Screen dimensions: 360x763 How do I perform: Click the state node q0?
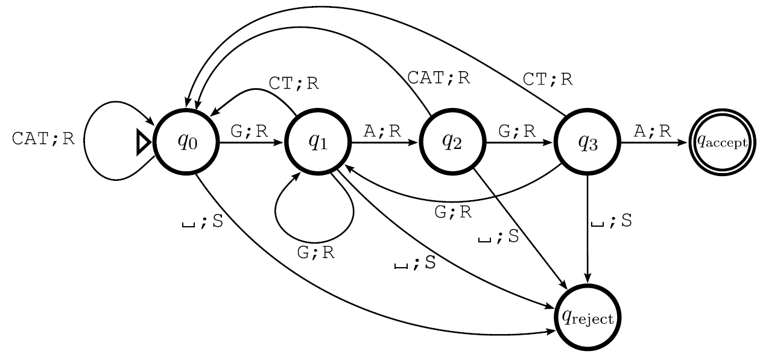(186, 142)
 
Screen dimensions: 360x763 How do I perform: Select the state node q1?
(318, 142)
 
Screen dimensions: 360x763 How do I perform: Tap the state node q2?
(452, 142)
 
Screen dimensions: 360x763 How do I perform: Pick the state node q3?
(587, 142)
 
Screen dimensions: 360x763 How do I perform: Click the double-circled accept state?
(722, 142)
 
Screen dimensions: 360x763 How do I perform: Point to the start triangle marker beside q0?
(144, 142)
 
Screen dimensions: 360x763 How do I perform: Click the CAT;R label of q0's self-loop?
(43, 139)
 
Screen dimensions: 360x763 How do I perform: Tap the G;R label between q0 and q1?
(249, 132)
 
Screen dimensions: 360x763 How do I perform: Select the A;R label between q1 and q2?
(382, 132)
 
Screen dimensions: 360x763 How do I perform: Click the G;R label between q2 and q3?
(517, 132)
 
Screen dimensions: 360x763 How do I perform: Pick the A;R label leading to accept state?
(652, 132)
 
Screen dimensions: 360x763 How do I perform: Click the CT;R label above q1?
(294, 83)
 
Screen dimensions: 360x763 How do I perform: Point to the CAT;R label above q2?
(438, 77)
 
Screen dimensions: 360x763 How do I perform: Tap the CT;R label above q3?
(548, 78)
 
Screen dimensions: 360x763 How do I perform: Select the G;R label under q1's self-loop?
(316, 253)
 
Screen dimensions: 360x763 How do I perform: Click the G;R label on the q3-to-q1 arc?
(453, 212)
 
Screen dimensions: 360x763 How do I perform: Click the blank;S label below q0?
(203, 222)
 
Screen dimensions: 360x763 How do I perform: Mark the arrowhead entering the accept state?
(684, 142)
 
